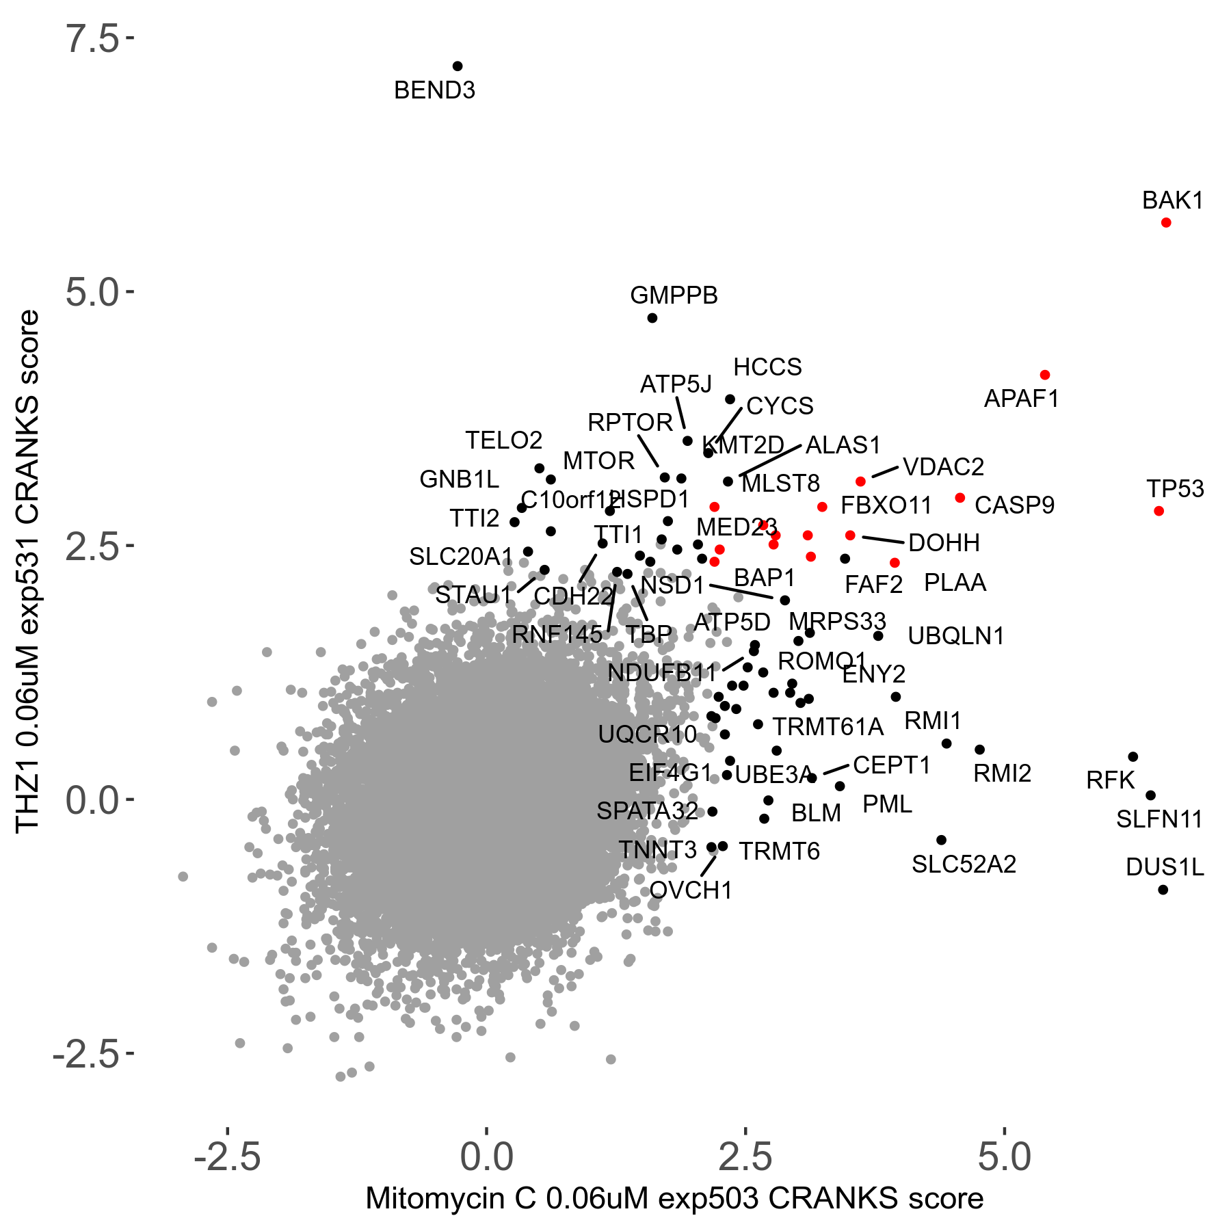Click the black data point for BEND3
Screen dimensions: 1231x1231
point(458,66)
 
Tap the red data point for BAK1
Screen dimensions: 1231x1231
point(1166,223)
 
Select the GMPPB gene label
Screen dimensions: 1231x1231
point(674,295)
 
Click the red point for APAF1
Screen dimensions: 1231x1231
point(1044,375)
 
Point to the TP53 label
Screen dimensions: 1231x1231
point(1175,489)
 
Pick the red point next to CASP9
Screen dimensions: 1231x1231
point(959,498)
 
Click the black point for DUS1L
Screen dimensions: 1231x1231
point(1163,890)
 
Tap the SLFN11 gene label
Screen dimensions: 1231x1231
point(1159,819)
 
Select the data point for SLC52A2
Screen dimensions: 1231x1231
point(941,840)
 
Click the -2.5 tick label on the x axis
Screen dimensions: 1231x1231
point(228,1157)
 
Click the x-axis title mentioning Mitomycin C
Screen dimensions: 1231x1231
point(674,1199)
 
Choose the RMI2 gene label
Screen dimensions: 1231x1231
point(1002,773)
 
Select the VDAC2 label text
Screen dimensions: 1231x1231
point(943,467)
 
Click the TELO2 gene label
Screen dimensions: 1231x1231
point(503,440)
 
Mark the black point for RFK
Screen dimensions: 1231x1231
point(1133,757)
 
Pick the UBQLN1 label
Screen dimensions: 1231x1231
point(955,636)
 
